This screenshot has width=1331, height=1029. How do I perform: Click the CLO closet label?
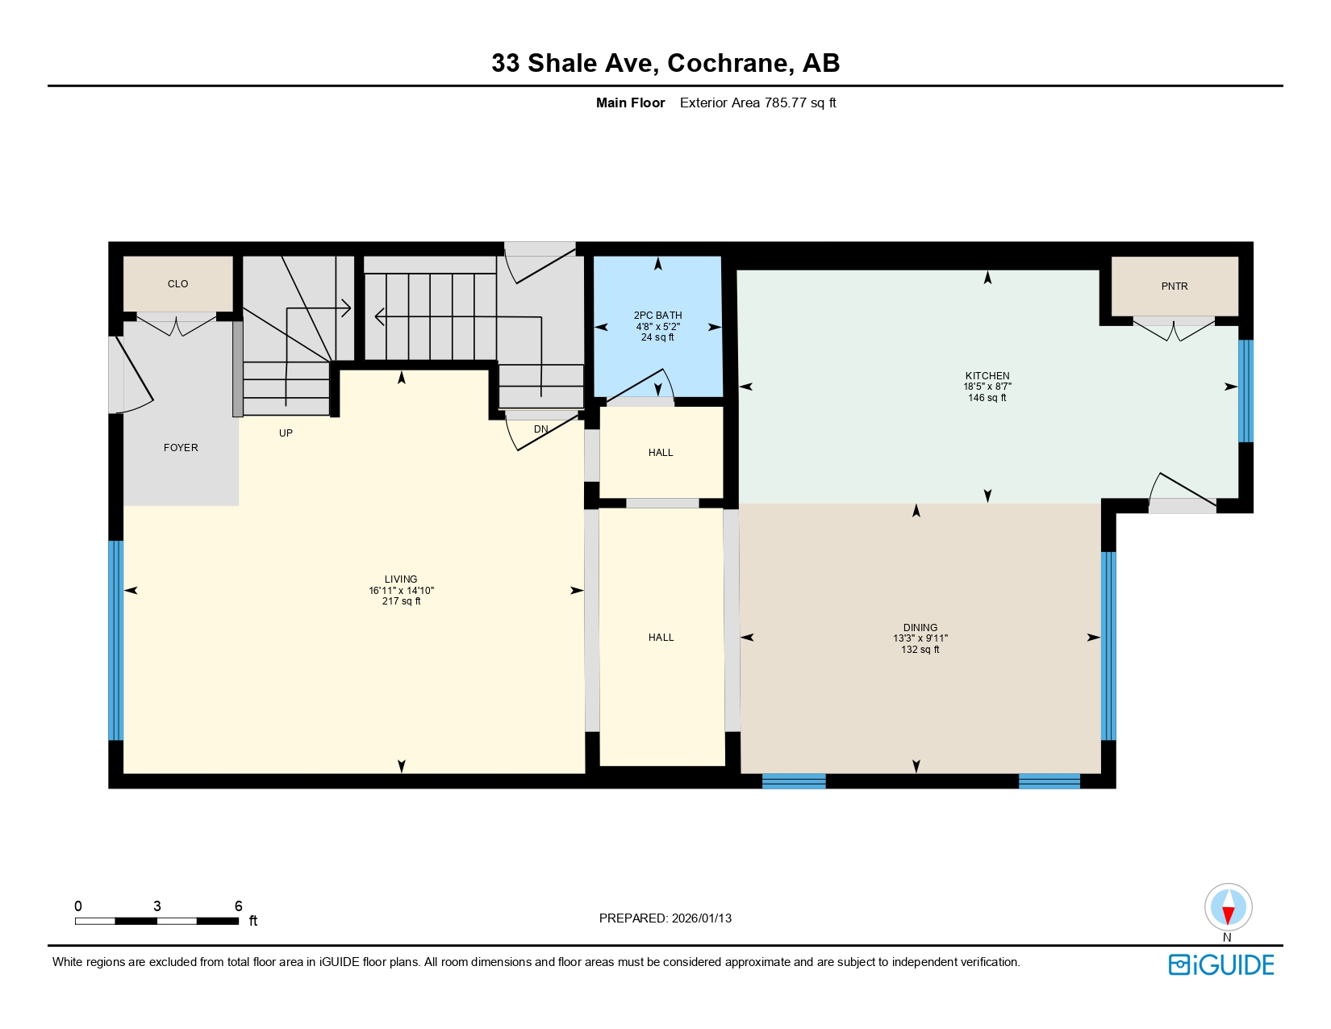click(x=177, y=284)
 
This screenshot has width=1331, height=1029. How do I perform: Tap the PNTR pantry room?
click(x=1174, y=287)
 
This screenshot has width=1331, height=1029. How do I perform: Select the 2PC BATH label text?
click(x=657, y=316)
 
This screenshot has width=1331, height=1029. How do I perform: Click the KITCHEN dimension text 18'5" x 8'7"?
click(x=987, y=387)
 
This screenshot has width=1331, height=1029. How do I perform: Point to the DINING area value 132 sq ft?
click(x=920, y=650)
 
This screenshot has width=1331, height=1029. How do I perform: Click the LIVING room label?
click(x=401, y=579)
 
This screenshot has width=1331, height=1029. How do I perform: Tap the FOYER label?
click(x=181, y=448)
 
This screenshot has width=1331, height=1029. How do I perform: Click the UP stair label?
click(x=286, y=433)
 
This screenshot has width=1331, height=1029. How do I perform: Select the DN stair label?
click(x=540, y=429)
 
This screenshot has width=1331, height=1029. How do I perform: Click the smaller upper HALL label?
click(x=661, y=453)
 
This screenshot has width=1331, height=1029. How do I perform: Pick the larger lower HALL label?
click(x=661, y=638)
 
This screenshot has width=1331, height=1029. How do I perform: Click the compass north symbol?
click(x=1228, y=907)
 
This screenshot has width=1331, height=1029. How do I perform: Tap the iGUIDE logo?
click(x=1221, y=964)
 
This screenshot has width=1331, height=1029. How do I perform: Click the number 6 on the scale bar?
click(x=238, y=906)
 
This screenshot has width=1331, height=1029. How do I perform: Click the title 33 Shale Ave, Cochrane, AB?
click(x=665, y=63)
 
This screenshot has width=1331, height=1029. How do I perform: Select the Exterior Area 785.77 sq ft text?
click(x=757, y=102)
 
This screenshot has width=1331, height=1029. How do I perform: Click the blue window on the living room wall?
click(x=116, y=640)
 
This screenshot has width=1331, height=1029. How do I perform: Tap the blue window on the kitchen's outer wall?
click(x=1245, y=391)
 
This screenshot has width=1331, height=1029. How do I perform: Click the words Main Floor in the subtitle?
click(x=630, y=102)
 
